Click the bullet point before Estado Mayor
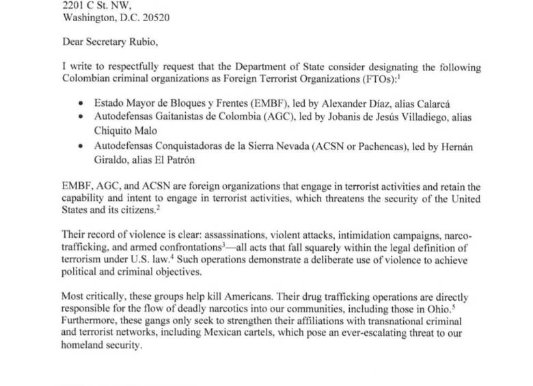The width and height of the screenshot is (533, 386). tap(82, 105)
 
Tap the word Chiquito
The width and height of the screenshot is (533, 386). tap(115, 130)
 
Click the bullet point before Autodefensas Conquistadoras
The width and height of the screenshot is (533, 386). tap(82, 146)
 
